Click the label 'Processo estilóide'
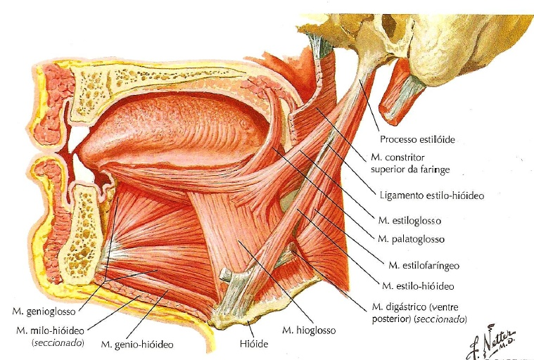(x=417, y=139)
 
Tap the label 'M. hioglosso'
(x=309, y=329)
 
